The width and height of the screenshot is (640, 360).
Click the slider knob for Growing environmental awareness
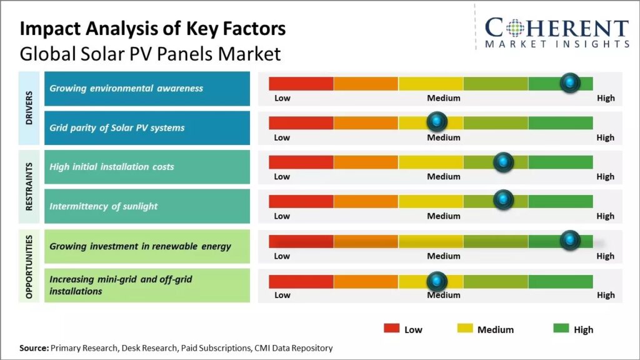pyautogui.click(x=569, y=82)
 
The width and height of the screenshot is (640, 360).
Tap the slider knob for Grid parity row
pyautogui.click(x=436, y=122)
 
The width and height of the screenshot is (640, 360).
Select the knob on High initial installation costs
pyautogui.click(x=503, y=162)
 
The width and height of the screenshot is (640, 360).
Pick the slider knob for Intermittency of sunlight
pyautogui.click(x=503, y=201)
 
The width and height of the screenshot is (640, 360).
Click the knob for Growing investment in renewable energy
pyautogui.click(x=569, y=241)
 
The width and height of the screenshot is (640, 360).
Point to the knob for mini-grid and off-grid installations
pyautogui.click(x=436, y=281)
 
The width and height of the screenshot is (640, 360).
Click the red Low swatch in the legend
pyautogui.click(x=391, y=329)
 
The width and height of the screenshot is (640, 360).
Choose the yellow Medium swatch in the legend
pyautogui.click(x=465, y=329)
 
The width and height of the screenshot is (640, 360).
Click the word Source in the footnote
pyautogui.click(x=34, y=348)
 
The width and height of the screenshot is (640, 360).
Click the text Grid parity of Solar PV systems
pyautogui.click(x=117, y=127)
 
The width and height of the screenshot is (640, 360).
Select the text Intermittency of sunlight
pyautogui.click(x=103, y=206)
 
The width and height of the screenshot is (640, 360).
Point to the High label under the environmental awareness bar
pyautogui.click(x=605, y=98)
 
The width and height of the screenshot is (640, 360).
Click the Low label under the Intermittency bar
pyautogui.click(x=282, y=216)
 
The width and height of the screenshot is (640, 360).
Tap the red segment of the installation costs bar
pyautogui.click(x=301, y=162)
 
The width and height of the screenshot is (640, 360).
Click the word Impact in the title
pyautogui.click(x=49, y=29)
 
